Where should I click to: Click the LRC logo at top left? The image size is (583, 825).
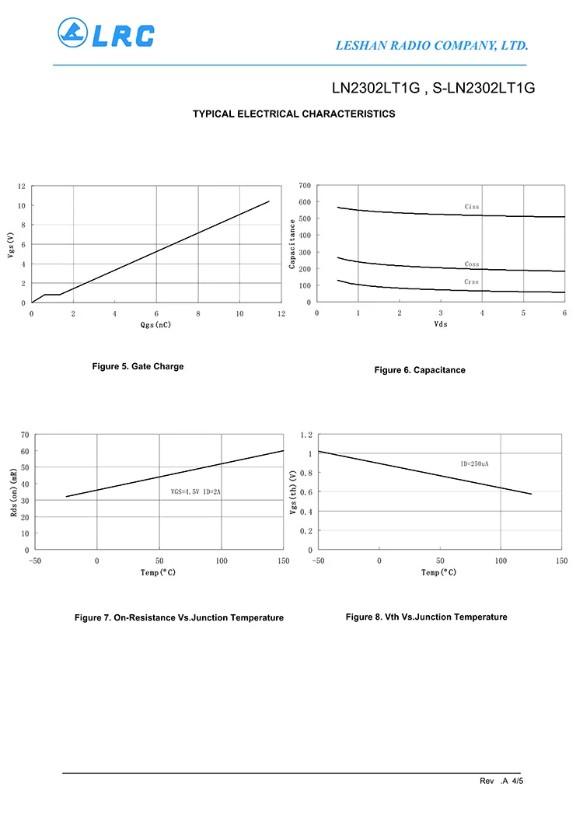[106, 34]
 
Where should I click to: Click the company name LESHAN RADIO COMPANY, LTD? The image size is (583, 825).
[431, 46]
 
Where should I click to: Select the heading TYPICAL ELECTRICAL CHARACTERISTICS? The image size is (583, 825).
[294, 114]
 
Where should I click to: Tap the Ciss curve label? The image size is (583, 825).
[472, 207]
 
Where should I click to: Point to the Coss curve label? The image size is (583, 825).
[472, 264]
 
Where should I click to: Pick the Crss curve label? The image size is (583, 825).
[472, 282]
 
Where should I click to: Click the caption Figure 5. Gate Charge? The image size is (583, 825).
[138, 366]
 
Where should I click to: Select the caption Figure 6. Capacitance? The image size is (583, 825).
[420, 370]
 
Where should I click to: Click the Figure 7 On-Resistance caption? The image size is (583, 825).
[179, 617]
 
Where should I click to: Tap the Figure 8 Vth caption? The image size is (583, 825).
[426, 617]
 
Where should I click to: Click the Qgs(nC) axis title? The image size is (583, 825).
[155, 325]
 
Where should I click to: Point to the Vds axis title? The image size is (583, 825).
[441, 324]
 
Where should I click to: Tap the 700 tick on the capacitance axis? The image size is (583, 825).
[304, 186]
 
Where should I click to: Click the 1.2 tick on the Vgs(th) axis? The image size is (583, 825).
[305, 435]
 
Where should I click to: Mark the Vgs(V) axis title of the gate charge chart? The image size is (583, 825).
[11, 245]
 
